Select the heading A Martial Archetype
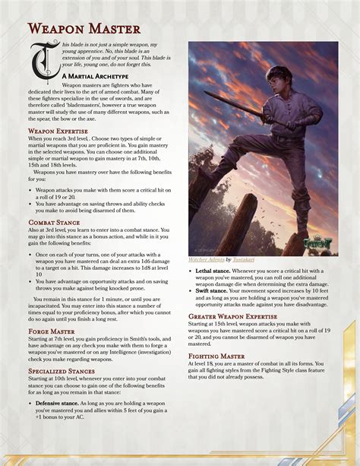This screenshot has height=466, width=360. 95,77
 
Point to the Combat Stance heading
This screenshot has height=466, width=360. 55,221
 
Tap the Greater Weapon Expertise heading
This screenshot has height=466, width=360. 240,315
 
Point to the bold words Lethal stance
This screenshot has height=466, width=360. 213,271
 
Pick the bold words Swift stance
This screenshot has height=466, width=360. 211,290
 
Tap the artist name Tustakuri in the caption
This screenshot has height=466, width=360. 245,259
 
